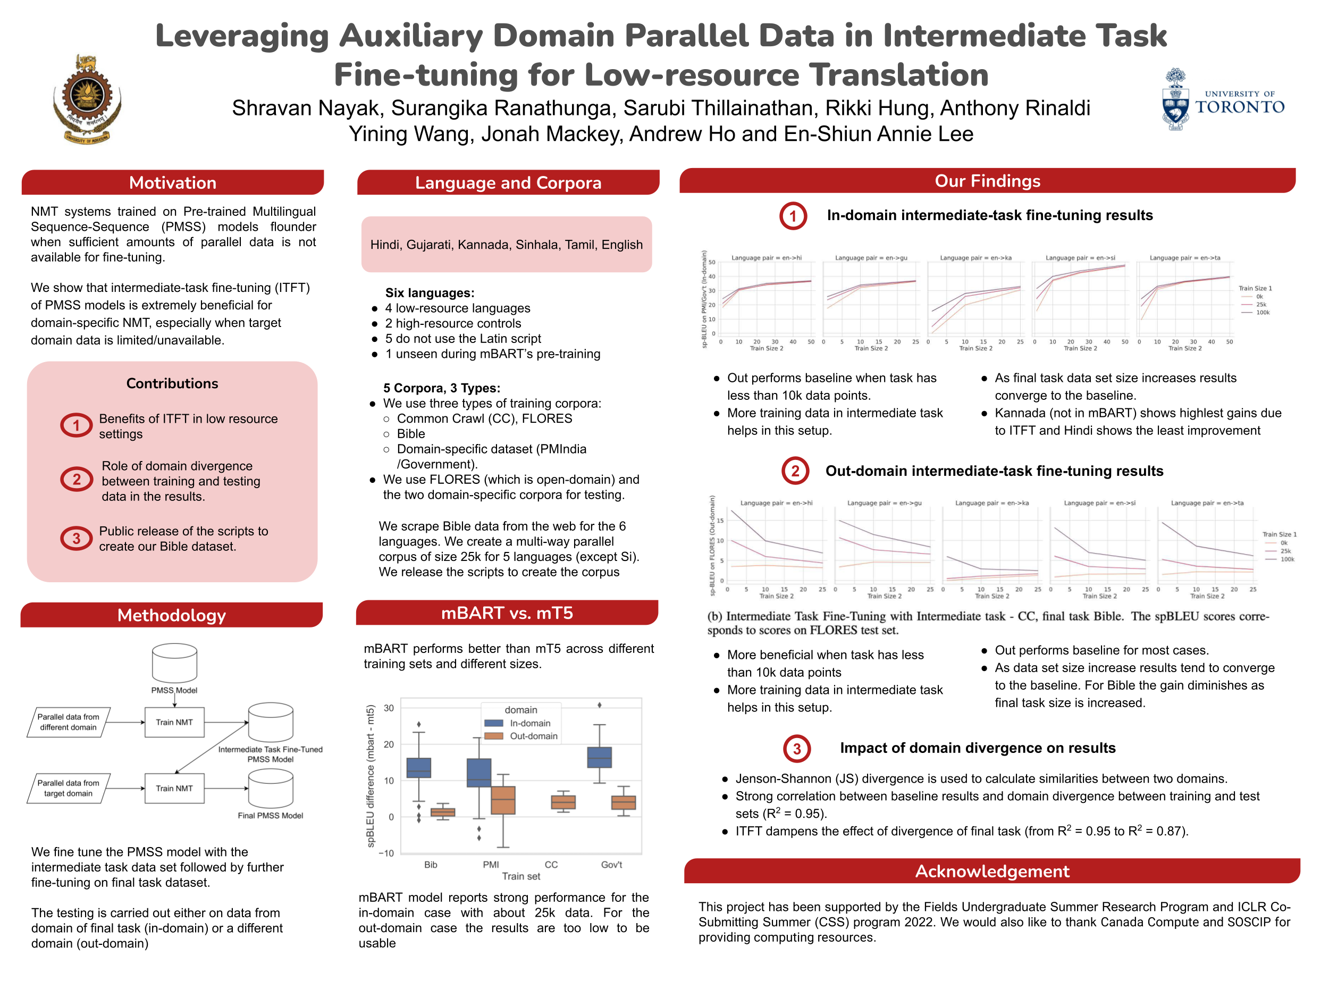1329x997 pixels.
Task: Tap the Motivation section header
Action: coord(172,183)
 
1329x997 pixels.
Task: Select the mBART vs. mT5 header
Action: coord(507,613)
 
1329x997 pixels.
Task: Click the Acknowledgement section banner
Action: coord(991,871)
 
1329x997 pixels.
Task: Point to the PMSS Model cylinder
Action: coord(174,663)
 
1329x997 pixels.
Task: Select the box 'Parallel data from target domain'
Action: coord(69,788)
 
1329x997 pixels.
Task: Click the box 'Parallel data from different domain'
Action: coord(69,722)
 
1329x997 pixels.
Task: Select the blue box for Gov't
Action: coord(599,757)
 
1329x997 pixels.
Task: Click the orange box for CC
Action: coord(563,802)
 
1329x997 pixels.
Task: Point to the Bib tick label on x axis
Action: coord(431,864)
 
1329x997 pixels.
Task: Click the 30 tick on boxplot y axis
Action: coord(389,708)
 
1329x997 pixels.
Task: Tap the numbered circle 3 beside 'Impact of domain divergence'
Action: coord(797,749)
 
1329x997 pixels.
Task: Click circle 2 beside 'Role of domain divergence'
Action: coord(77,480)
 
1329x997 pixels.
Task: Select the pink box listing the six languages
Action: coord(506,244)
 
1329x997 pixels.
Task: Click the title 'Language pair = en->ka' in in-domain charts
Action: coord(975,258)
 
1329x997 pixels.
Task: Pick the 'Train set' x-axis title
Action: coord(521,876)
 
